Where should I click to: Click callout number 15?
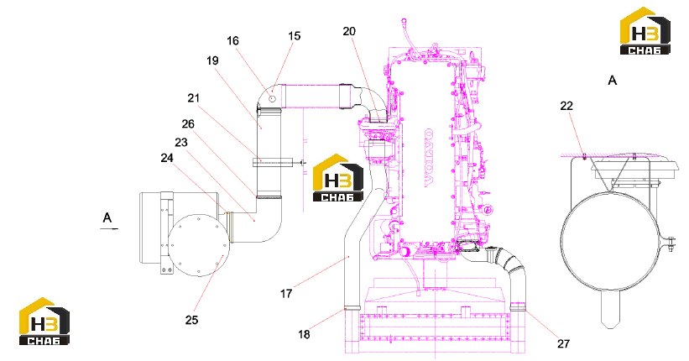(x=295, y=36)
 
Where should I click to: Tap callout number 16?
(x=233, y=41)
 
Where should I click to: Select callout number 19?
(x=212, y=60)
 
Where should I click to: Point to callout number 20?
(x=349, y=31)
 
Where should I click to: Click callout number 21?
(x=194, y=98)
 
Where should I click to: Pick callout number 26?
(x=188, y=124)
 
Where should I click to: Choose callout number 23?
(x=181, y=143)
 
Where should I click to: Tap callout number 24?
(x=167, y=158)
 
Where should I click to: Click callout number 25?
(x=191, y=320)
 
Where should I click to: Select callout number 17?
(x=286, y=293)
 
